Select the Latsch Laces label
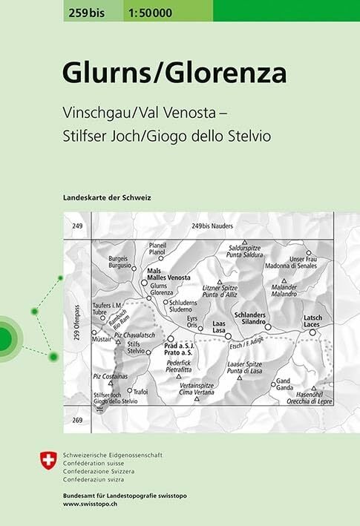click(x=312, y=320)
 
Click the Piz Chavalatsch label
click(x=134, y=336)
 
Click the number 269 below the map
click(x=78, y=420)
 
